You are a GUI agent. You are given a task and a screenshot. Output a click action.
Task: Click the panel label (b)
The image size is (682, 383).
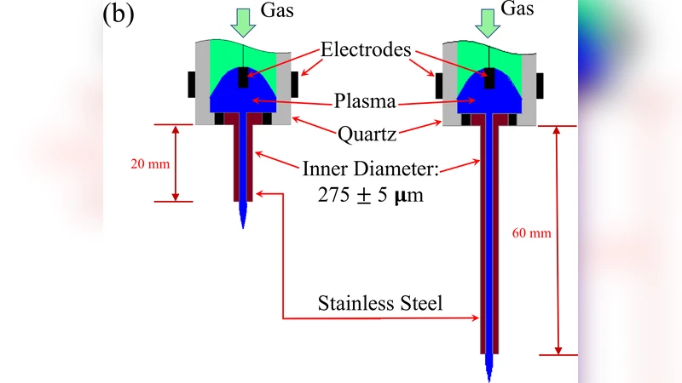pos(118,14)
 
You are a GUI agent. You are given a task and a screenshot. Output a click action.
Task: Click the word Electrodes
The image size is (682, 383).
pos(366,49)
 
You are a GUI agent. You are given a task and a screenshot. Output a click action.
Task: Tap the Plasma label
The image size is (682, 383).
pos(366,101)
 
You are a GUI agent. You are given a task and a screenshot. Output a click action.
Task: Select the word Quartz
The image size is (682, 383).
pos(367,134)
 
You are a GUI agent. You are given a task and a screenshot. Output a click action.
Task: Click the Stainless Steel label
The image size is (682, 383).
pos(380,303)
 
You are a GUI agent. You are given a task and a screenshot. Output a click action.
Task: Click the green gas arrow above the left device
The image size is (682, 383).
pos(244,22)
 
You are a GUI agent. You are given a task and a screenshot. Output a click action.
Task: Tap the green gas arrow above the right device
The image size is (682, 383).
pos(488,22)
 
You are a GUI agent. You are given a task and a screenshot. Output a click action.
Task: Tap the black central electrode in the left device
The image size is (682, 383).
pos(244,77)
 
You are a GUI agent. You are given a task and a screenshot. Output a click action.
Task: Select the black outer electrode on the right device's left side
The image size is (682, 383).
pos(439,84)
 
